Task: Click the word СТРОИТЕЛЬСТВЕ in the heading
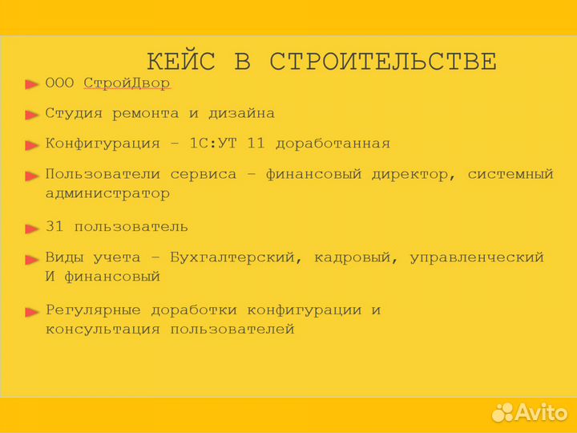pos(383,62)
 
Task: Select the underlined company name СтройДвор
pos(127,83)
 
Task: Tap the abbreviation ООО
pos(60,83)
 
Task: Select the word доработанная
pos(333,144)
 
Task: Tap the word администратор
pos(107,194)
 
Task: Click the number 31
pos(54,228)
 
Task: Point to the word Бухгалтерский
pos(236,258)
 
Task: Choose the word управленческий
pos(477,258)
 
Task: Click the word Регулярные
pos(93,310)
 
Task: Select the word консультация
pos(103,330)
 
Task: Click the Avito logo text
pos(541,412)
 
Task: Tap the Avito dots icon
pos(502,412)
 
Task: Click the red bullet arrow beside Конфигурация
pos(31,145)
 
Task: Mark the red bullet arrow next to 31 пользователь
pos(31,229)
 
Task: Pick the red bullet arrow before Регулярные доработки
pos(31,311)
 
